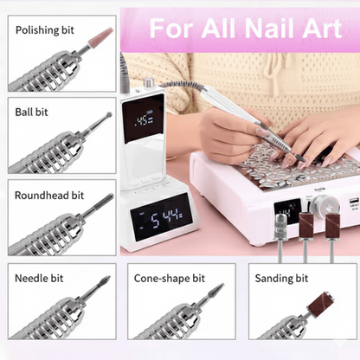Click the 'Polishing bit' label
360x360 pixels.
[x=45, y=30]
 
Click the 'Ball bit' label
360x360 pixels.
[x=31, y=112]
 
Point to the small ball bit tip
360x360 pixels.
[x=109, y=114]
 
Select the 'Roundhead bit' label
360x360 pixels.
[x=49, y=196]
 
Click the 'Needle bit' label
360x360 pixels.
[x=39, y=279]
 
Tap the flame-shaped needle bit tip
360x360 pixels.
[x=105, y=280]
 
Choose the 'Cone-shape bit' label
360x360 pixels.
[x=170, y=279]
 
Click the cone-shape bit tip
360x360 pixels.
[x=217, y=289]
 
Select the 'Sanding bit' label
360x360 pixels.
[x=281, y=279]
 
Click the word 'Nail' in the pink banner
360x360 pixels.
[x=271, y=29]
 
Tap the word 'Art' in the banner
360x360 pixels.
[x=322, y=29]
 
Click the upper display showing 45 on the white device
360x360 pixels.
[x=143, y=119]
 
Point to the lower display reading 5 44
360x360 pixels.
[x=162, y=217]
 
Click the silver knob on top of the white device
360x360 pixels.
[x=148, y=82]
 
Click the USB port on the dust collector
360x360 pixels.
[x=354, y=201]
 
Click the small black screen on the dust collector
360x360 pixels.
[x=287, y=211]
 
